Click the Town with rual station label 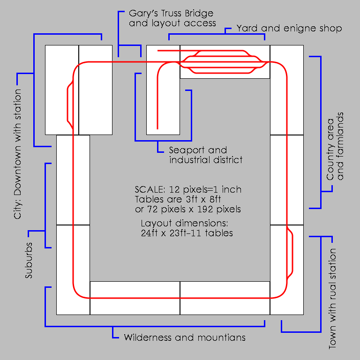(x=332, y=299)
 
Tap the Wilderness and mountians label (x=184, y=337)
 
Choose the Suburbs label (x=29, y=261)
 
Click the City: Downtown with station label (x=18, y=154)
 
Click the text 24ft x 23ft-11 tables (x=187, y=233)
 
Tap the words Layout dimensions (x=184, y=223)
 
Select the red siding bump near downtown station (x=68, y=103)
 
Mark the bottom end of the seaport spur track (x=157, y=127)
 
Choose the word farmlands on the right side (x=341, y=146)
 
